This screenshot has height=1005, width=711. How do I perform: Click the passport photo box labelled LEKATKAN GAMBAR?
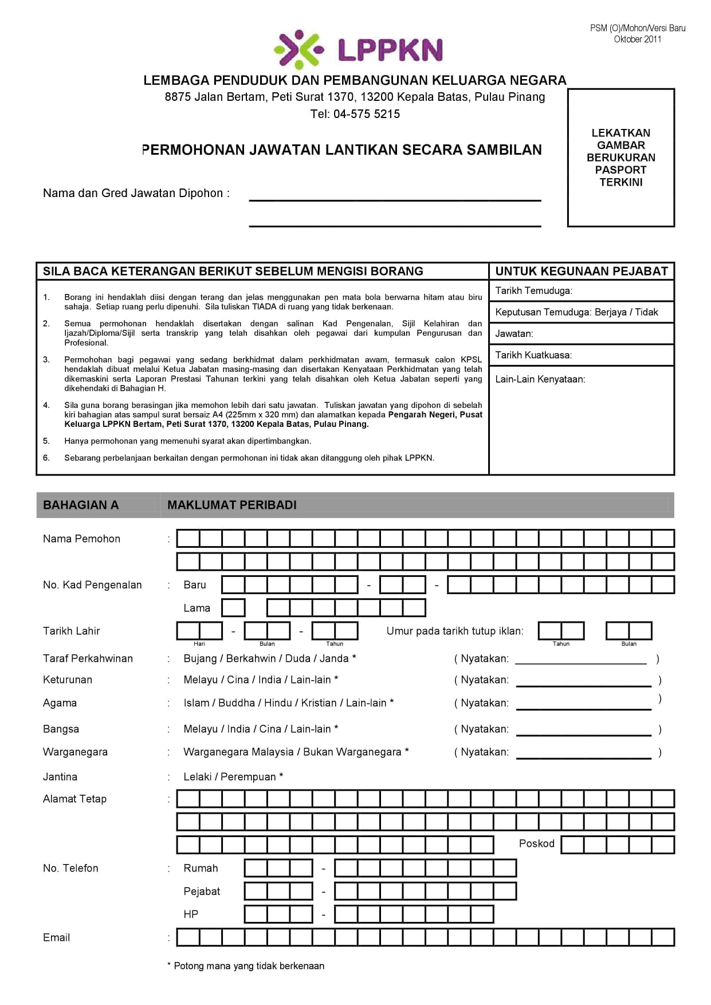tap(620, 158)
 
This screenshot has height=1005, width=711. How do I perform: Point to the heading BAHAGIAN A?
tap(81, 505)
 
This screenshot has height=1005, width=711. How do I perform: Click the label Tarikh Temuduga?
tap(533, 290)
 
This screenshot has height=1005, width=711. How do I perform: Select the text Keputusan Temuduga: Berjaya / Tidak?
tap(576, 312)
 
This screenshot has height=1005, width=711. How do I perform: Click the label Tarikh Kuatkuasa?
tap(533, 355)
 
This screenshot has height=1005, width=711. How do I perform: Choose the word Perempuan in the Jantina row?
tap(248, 777)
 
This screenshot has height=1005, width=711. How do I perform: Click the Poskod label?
tap(536, 843)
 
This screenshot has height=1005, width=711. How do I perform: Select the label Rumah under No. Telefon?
tap(201, 868)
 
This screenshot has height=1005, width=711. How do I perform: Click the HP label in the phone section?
tap(191, 914)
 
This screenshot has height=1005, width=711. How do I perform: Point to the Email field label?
tap(56, 937)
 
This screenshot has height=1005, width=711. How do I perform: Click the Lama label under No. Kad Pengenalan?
tap(197, 608)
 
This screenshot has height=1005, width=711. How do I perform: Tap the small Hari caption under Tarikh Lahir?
tap(199, 644)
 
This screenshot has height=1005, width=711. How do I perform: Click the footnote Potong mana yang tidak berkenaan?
tap(249, 966)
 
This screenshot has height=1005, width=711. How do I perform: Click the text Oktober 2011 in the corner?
tap(637, 40)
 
